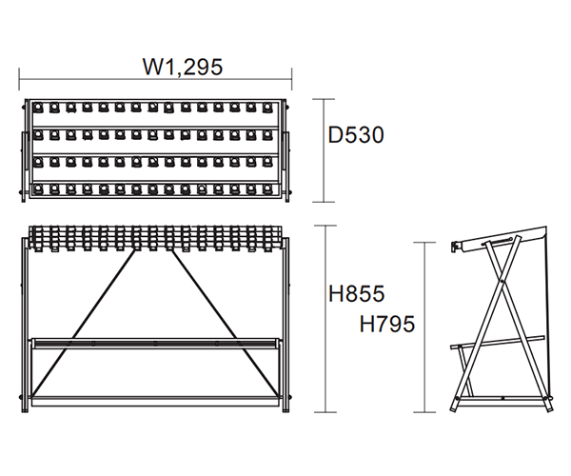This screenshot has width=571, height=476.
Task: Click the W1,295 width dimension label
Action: pyautogui.click(x=183, y=67)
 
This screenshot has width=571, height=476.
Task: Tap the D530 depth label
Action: pyautogui.click(x=356, y=135)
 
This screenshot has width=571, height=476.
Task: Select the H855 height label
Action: pyautogui.click(x=356, y=293)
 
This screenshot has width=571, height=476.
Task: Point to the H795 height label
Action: pyautogui.click(x=387, y=324)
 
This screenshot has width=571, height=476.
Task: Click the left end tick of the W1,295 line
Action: pyautogui.click(x=19, y=79)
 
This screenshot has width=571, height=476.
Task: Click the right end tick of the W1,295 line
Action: pyautogui.click(x=292, y=79)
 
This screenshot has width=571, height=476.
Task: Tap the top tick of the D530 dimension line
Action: pyautogui.click(x=324, y=99)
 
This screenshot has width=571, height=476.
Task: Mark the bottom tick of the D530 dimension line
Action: pyautogui.click(x=324, y=202)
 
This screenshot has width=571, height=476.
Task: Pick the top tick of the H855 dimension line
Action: pyautogui.click(x=325, y=226)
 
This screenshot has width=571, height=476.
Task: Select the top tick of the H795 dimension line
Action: pyautogui.click(x=424, y=242)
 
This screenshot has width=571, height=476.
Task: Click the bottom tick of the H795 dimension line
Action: pyautogui.click(x=424, y=412)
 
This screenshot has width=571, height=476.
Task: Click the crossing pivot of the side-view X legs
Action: pyautogui.click(x=502, y=281)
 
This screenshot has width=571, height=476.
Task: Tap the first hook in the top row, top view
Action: pyautogui.click(x=38, y=108)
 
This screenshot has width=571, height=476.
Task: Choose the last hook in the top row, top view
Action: pyautogui.click(x=267, y=108)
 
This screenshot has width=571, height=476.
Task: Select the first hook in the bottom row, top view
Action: pyautogui.click(x=38, y=189)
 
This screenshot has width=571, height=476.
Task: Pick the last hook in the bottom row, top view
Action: pyautogui.click(x=267, y=189)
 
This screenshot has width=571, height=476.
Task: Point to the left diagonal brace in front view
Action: pyautogui.click(x=84, y=323)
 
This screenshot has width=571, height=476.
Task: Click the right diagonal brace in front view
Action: pyautogui.click(x=226, y=323)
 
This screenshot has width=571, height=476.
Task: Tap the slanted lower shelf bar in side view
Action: pyautogui.click(x=498, y=343)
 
